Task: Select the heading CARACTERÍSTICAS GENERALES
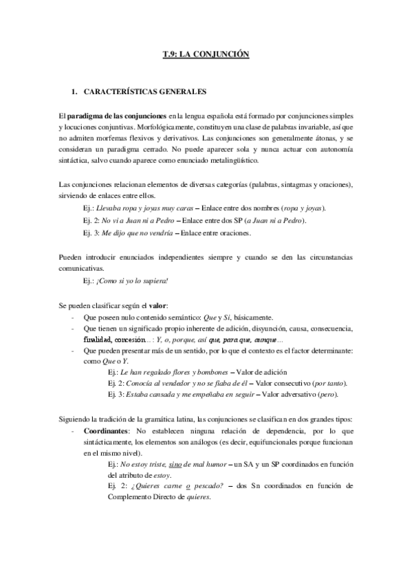tap(144, 91)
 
